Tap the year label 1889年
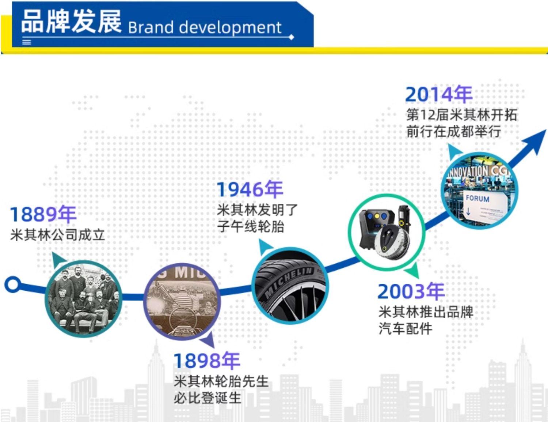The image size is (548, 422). click(43, 214)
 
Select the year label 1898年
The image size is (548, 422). click(207, 361)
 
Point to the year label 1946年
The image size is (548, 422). click(250, 189)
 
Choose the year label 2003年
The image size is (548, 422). click(411, 291)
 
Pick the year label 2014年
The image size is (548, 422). click(439, 94)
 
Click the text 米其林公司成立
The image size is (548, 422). click(57, 235)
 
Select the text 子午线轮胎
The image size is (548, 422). click(251, 226)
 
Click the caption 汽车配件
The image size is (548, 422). click(406, 328)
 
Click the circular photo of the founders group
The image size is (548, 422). click(83, 299)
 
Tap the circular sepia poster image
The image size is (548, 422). click(182, 301)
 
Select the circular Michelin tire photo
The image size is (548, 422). click(290, 286)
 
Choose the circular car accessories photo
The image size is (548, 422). click(387, 233)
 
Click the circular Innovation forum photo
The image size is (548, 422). click(479, 191)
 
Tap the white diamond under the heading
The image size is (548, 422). click(291, 37)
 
